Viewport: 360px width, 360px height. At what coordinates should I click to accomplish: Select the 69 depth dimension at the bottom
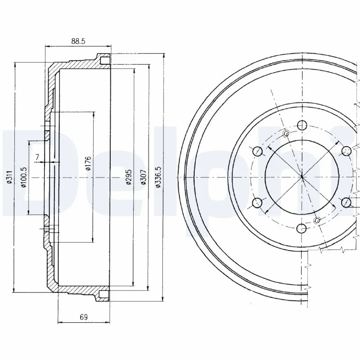click(83, 317)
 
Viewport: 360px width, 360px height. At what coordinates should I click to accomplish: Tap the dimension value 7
click(37, 157)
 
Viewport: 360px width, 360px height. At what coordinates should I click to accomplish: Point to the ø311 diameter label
click(9, 179)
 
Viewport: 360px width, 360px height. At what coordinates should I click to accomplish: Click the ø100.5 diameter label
click(23, 177)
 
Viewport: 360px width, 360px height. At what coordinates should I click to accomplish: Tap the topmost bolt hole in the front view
click(301, 126)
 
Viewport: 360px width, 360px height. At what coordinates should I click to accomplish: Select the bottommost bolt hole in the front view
click(301, 229)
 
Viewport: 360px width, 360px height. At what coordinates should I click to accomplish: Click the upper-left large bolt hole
click(257, 151)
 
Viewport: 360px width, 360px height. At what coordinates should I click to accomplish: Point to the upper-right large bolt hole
click(346, 151)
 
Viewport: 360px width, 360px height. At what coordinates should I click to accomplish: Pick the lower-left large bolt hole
click(257, 203)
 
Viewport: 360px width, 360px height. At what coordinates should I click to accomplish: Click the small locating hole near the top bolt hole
click(287, 134)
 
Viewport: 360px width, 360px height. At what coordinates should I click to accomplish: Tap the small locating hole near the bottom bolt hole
click(316, 220)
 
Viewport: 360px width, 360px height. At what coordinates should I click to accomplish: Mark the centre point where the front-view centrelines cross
click(301, 177)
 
